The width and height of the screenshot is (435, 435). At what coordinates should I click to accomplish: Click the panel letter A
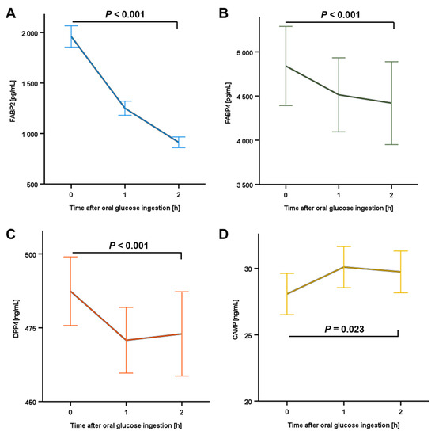coord(10,13)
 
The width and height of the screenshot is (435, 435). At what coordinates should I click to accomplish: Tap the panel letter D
coord(224,234)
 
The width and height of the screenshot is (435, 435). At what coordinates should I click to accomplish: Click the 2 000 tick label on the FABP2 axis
coord(30,33)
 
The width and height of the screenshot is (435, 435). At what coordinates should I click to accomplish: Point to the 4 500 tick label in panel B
coord(245,97)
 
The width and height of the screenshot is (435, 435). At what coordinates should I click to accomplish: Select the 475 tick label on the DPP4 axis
coord(31,329)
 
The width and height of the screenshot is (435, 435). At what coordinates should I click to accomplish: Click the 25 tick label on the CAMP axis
coord(248,335)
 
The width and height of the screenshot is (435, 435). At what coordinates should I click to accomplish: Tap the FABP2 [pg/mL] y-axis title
coord(13,101)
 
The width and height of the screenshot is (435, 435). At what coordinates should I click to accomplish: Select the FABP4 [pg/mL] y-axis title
coord(228,103)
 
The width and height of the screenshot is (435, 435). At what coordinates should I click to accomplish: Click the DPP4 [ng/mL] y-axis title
coord(17,319)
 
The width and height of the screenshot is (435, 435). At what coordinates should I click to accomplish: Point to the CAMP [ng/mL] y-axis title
coord(236,319)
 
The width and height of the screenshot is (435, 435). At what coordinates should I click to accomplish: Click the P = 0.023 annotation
coord(344,329)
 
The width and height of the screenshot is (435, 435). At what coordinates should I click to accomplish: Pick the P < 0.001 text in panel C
coord(128,246)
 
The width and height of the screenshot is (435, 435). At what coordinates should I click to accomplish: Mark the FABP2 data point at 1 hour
coord(125,109)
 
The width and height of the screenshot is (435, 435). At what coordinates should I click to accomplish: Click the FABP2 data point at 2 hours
coord(179,143)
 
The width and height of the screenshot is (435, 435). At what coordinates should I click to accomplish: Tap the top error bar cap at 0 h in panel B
coord(286,26)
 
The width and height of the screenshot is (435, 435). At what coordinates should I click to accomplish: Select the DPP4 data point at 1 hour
coord(127,340)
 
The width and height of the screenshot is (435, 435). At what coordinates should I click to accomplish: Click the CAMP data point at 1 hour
coord(344,267)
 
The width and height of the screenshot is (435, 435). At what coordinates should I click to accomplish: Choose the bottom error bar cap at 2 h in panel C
coord(182,376)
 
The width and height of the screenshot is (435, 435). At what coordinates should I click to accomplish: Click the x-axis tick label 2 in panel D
coord(401,412)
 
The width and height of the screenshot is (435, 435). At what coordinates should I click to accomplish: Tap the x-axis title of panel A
coord(124,208)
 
